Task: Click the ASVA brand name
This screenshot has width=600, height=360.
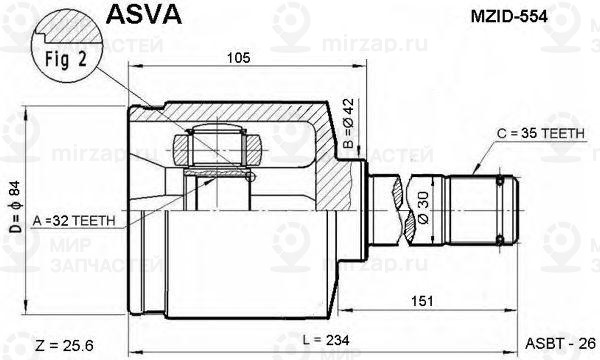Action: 144,15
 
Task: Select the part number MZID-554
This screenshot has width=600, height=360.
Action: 509,16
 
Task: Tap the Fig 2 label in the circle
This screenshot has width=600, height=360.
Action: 66,59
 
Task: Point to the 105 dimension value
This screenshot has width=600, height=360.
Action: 238,57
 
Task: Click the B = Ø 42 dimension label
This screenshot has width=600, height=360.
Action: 349,123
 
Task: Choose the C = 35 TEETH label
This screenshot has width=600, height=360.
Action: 541,133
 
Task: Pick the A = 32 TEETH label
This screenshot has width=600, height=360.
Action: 74,221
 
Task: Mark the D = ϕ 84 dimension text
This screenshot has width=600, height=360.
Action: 15,207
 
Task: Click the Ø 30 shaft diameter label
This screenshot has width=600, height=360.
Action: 424,207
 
